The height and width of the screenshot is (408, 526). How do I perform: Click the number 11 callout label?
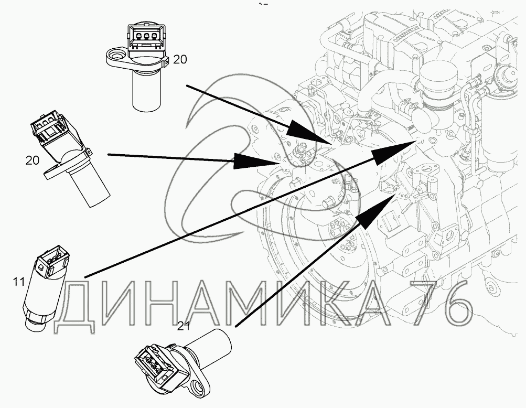(18, 282)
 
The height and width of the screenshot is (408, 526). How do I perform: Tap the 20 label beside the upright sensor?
(179, 60)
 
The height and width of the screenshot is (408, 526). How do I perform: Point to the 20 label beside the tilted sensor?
(33, 160)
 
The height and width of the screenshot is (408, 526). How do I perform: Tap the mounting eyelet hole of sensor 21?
(200, 388)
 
